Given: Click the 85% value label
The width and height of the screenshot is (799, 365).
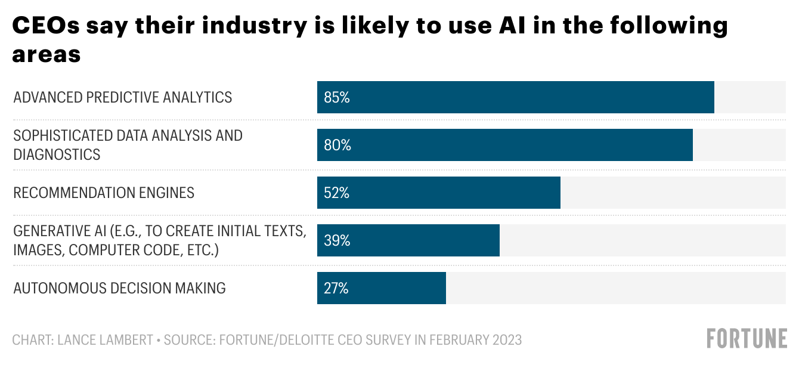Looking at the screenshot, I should click(337, 97).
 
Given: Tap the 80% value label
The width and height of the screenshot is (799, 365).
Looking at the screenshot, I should click(337, 145).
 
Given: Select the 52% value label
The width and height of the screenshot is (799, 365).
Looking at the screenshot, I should click(337, 193).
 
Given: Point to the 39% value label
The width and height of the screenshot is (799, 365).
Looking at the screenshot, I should click(337, 240).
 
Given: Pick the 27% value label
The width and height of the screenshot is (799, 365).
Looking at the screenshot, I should click(336, 288).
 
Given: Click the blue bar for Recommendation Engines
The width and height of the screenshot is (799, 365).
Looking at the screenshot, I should click(439, 193).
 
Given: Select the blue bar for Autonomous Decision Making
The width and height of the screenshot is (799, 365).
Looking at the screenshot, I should click(382, 288).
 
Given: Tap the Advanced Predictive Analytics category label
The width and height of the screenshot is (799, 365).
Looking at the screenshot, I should click(123, 97).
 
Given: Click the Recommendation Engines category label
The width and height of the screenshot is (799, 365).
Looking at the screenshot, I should click(104, 193).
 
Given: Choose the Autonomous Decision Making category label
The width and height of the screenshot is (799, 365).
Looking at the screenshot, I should click(119, 288).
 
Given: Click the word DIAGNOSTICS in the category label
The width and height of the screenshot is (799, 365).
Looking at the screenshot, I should click(57, 154).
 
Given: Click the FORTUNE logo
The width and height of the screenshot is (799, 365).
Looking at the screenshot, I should click(747, 339).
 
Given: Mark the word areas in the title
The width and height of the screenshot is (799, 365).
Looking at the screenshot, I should click(47, 54).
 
